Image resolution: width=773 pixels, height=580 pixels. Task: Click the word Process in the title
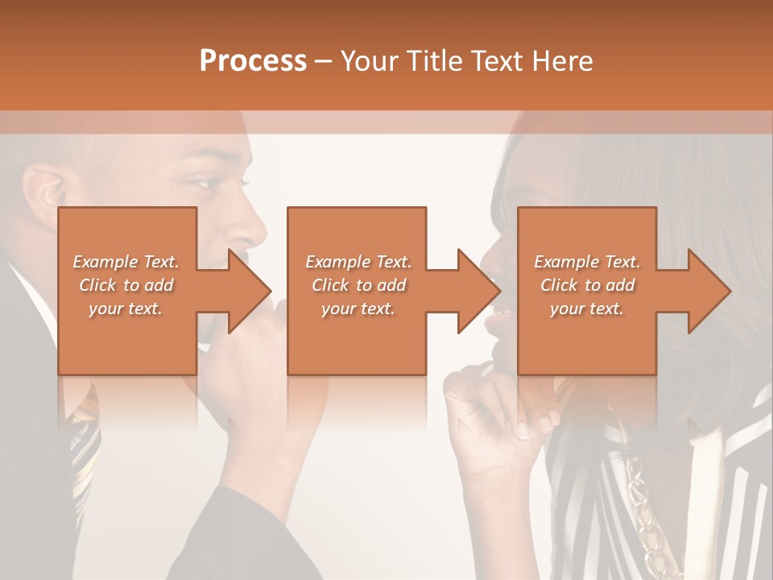click(x=253, y=60)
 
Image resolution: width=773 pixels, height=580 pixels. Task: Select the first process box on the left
click(x=127, y=338)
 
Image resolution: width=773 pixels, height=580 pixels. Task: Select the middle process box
click(x=357, y=338)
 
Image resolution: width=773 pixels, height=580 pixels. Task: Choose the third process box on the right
click(x=586, y=338)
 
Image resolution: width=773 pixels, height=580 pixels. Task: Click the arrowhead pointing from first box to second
click(x=250, y=291)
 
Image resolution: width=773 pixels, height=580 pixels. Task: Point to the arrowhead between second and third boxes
click(x=479, y=291)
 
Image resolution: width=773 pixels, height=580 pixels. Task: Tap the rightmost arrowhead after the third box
click(x=709, y=291)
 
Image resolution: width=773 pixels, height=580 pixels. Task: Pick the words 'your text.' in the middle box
click(x=358, y=309)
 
